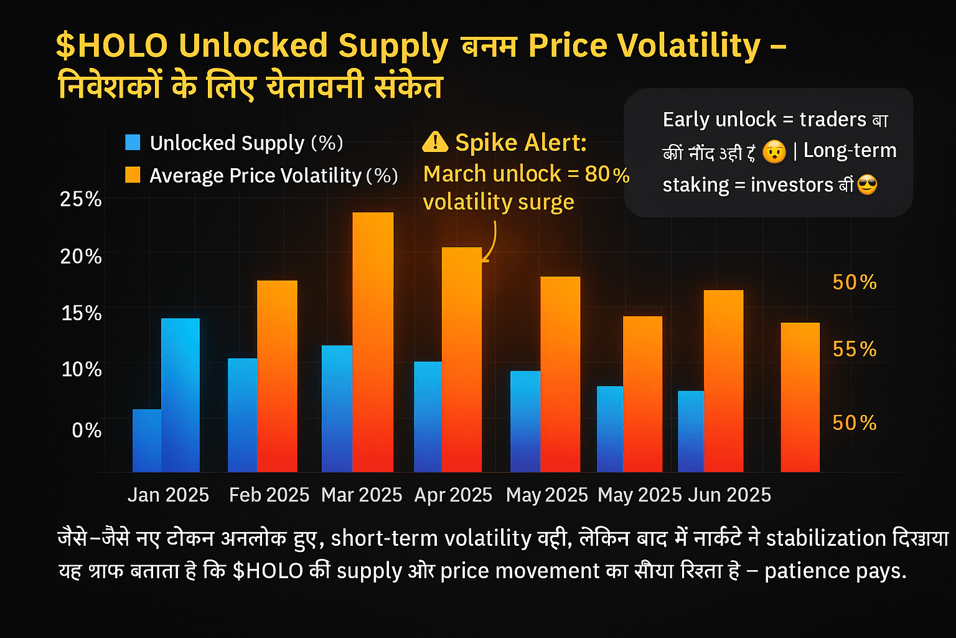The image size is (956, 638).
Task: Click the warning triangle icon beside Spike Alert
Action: pos(434,143)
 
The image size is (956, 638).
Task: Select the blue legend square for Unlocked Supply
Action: pos(133,143)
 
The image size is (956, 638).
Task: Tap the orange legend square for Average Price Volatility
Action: pos(133,175)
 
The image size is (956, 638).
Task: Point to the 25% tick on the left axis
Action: pos(81,199)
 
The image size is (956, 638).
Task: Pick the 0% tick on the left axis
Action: pos(87,430)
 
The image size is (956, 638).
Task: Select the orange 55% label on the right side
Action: pos(855,349)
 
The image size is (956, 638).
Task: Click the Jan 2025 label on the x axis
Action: pos(168,495)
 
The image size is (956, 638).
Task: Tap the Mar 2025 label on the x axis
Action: pos(362,495)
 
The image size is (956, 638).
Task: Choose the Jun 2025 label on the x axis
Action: pos(729,495)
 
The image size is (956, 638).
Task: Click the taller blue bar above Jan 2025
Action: pos(180,395)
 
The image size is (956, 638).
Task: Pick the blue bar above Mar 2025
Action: pos(337,408)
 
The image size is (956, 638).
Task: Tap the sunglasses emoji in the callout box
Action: pos(867,185)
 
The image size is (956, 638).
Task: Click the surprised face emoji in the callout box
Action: pos(774,151)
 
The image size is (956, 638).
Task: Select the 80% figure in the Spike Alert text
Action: pos(607,174)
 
